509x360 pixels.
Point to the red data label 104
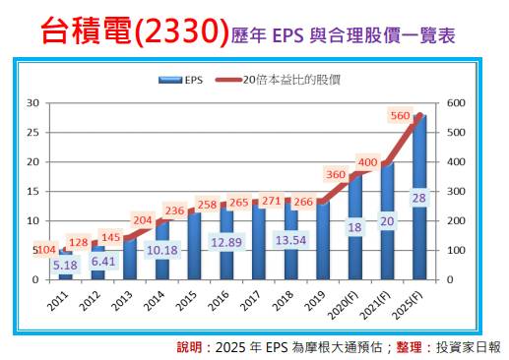click(x=45, y=250)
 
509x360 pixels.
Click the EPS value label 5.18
click(x=66, y=265)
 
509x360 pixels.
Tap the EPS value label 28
click(x=419, y=198)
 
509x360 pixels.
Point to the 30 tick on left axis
click(x=32, y=103)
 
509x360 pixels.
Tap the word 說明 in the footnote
click(x=189, y=347)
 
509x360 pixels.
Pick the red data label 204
click(x=143, y=220)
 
